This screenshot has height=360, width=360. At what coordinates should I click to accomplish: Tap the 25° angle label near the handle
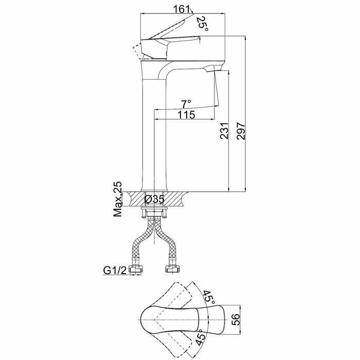[x=202, y=22]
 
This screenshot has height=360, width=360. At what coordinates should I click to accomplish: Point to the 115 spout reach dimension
[x=186, y=116]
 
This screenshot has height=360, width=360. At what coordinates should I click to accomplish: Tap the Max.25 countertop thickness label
[x=118, y=199]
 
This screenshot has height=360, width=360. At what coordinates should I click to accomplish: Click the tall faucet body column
[x=154, y=129]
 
